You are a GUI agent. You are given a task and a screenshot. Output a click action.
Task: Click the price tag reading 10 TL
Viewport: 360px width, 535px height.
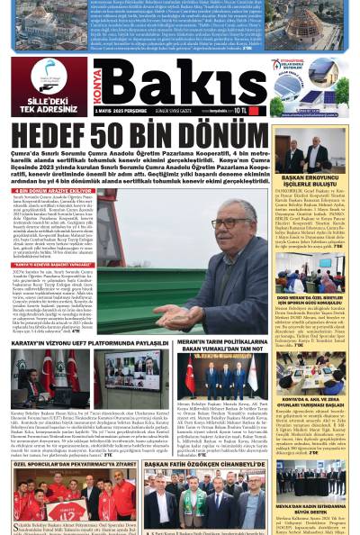240,110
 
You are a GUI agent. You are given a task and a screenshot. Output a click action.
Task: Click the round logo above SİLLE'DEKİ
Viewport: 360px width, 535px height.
48,76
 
